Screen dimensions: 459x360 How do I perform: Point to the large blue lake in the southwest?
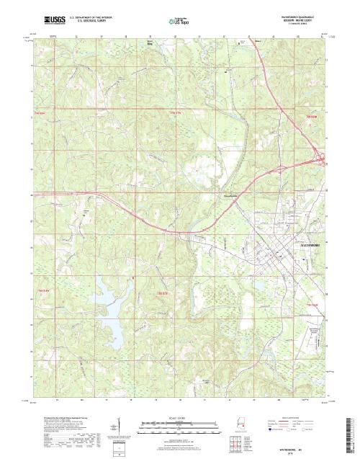click(x=115, y=303)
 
